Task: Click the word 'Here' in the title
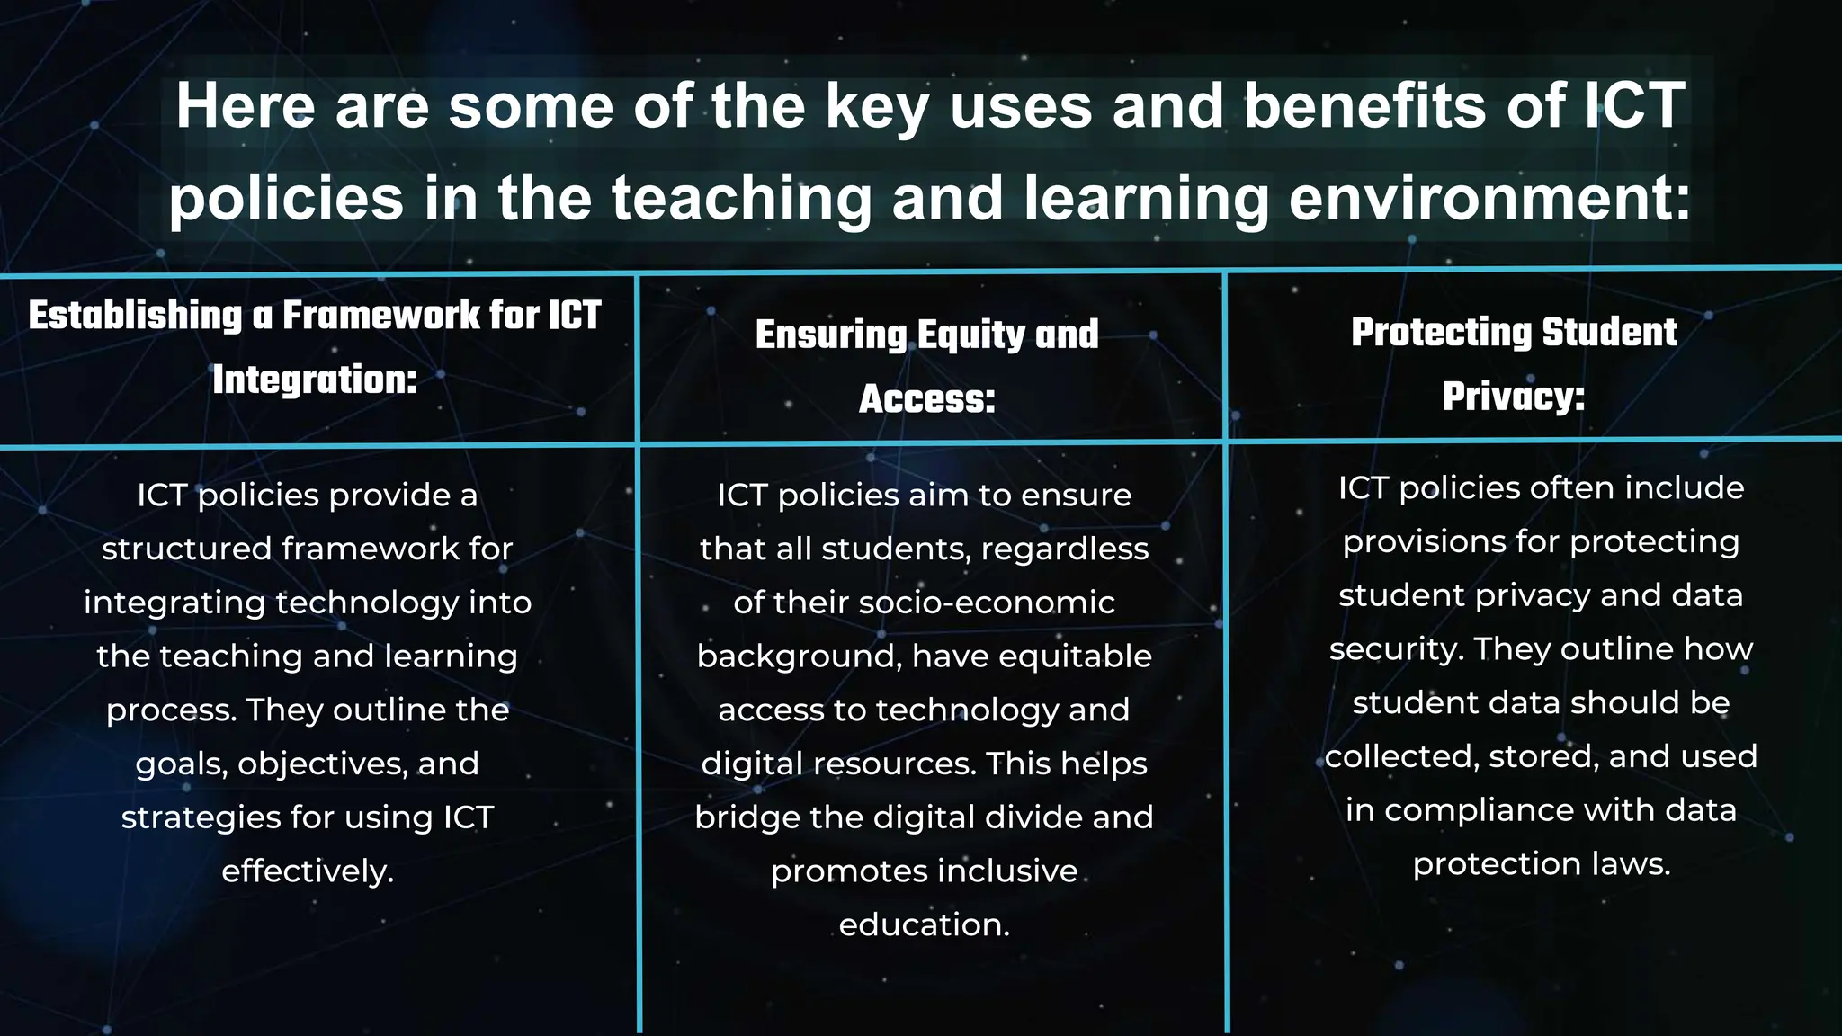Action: coord(245,106)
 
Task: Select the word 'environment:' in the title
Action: coord(1489,199)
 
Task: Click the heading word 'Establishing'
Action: coord(136,316)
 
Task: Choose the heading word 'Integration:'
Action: coord(315,380)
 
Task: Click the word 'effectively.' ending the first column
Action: coord(308,871)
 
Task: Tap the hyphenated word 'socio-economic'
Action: coord(987,603)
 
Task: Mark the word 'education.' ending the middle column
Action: coord(925,925)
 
